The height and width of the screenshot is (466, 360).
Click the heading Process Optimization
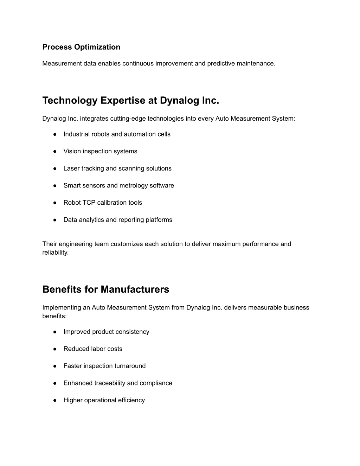click(x=81, y=47)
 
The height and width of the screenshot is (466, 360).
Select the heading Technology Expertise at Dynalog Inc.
click(x=130, y=101)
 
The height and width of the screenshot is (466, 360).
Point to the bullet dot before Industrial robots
click(x=55, y=134)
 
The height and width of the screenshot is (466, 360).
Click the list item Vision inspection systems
click(x=100, y=151)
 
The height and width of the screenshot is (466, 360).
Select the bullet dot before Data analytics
click(x=55, y=220)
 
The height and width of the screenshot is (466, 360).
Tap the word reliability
click(x=55, y=253)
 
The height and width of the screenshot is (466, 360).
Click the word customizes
click(x=127, y=244)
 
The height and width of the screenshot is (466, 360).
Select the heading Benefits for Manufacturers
click(x=105, y=289)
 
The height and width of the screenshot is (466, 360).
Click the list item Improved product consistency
click(x=106, y=332)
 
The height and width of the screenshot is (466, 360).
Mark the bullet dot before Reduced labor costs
click(x=55, y=349)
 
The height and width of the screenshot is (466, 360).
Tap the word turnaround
click(x=129, y=366)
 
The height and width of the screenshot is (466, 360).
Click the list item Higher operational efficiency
click(x=104, y=400)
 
